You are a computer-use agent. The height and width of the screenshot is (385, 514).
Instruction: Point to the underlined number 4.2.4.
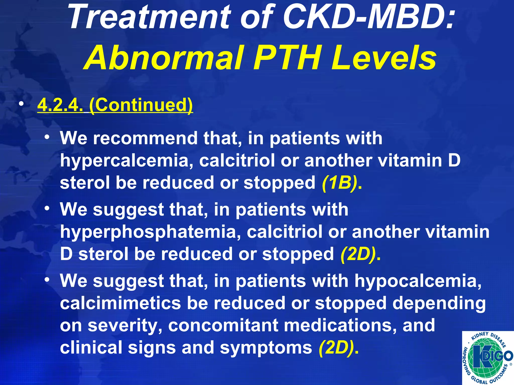click(60, 105)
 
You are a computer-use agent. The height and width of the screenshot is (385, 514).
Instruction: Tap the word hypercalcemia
click(126, 160)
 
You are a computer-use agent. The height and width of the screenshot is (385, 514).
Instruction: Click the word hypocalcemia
click(418, 281)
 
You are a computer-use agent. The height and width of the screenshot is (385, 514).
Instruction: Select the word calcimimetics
click(120, 303)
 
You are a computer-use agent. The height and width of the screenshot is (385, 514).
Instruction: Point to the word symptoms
click(266, 347)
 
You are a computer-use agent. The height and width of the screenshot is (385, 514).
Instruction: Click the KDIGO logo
click(488, 358)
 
